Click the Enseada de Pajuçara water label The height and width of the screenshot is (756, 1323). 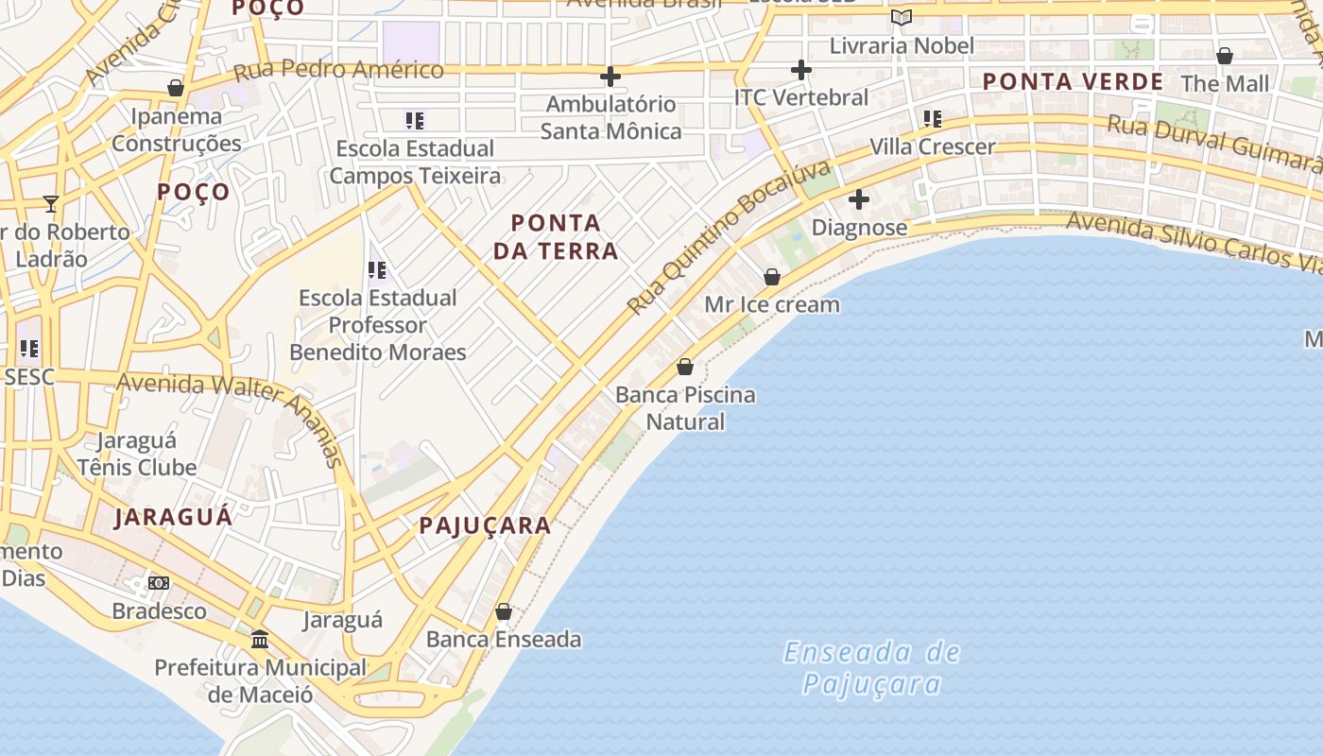871,667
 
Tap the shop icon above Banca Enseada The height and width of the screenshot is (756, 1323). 504,611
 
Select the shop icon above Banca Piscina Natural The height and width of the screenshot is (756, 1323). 685,367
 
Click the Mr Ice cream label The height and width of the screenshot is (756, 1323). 772,304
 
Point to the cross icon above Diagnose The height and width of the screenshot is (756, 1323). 858,199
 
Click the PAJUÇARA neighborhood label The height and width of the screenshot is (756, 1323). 485,525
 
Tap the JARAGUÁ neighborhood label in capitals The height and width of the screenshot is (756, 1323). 174,517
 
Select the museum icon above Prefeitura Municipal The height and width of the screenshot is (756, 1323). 260,640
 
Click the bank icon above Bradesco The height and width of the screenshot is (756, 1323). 159,583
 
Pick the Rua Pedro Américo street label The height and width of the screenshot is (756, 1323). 338,70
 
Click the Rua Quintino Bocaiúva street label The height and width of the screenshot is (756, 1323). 730,236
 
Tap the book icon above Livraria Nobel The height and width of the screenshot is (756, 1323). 902,17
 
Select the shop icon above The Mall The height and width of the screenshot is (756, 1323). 1225,56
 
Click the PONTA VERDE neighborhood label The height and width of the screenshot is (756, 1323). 1073,81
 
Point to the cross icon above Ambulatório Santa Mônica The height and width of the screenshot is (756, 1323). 610,76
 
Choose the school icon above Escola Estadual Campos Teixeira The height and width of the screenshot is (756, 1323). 415,120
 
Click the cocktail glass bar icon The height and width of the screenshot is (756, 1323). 51,203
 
